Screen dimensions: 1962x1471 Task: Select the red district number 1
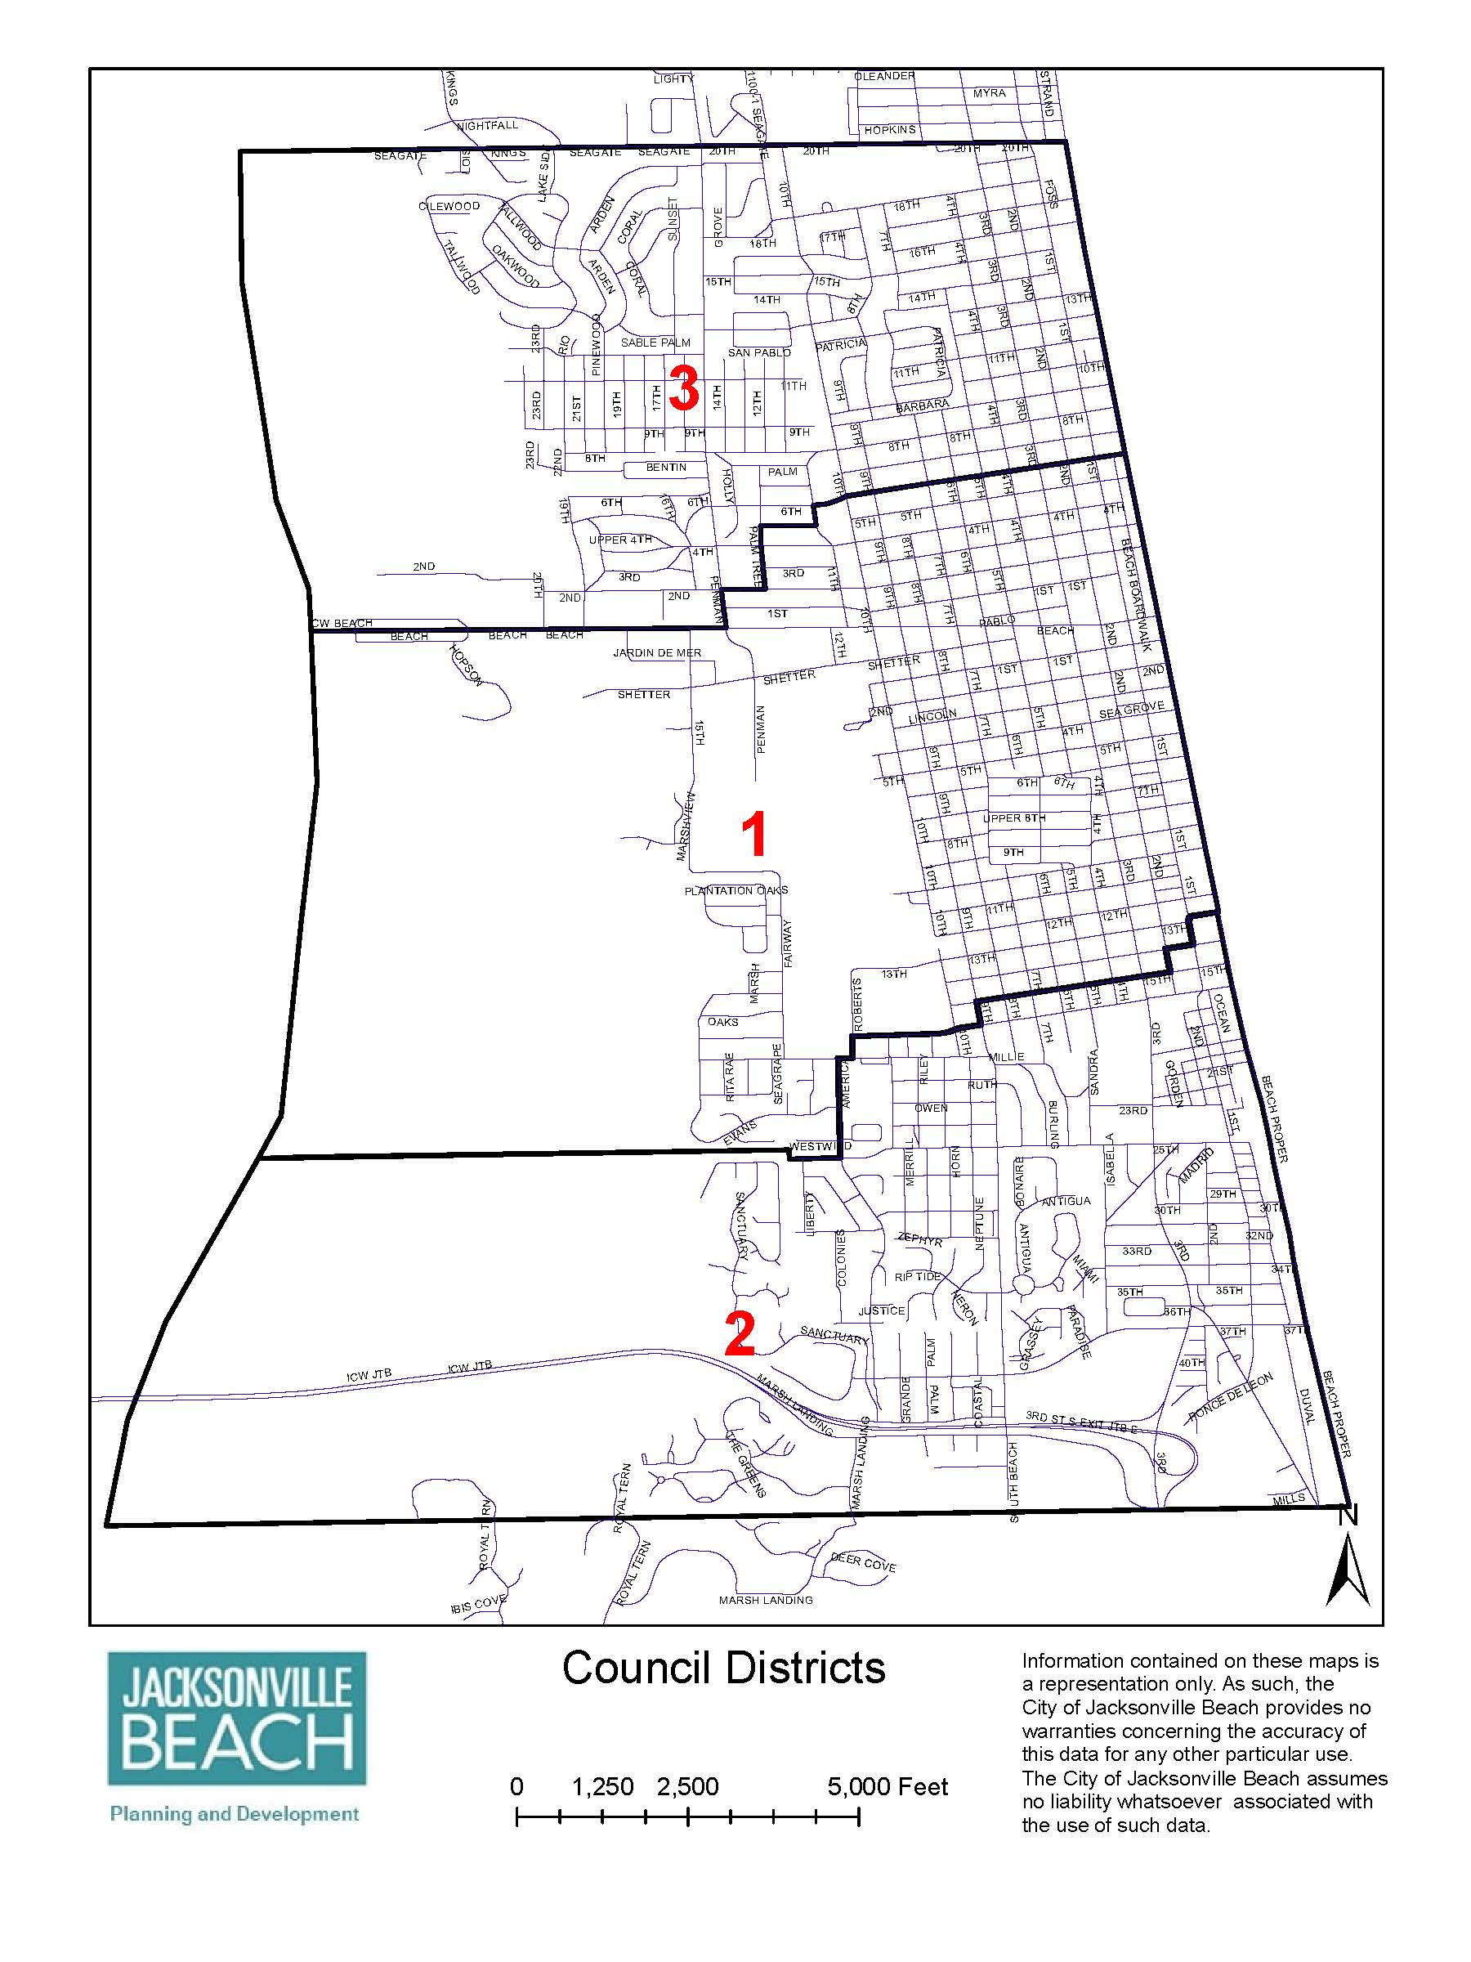click(753, 835)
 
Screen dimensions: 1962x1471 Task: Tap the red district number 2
click(740, 1335)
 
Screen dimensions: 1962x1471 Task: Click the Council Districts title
click(723, 1668)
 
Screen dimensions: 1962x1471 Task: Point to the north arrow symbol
click(1347, 1570)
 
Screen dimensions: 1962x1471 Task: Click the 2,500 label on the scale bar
click(687, 1786)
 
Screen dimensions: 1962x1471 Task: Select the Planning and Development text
click(234, 1814)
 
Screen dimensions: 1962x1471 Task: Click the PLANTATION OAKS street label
click(736, 890)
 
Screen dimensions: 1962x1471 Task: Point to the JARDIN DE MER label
click(657, 653)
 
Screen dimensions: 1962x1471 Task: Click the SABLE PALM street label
click(655, 343)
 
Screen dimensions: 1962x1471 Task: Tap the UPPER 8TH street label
click(1014, 817)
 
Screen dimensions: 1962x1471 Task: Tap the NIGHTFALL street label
click(487, 126)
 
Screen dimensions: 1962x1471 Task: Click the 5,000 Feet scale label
click(888, 1786)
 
